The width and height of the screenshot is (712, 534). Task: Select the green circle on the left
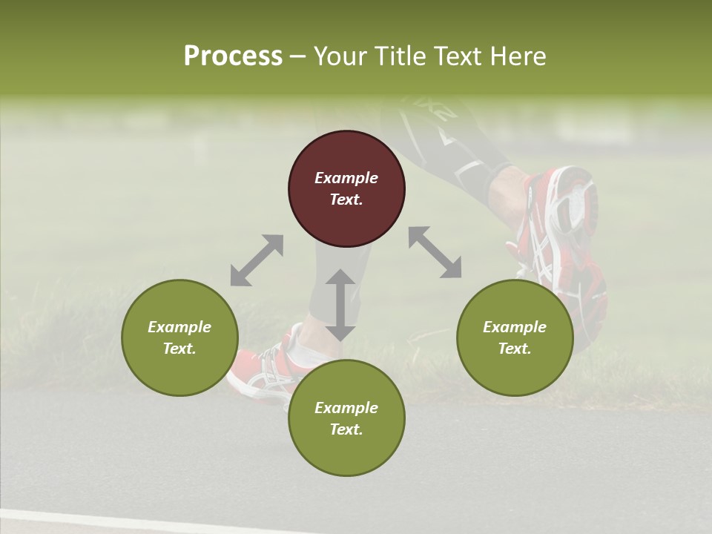tap(179, 337)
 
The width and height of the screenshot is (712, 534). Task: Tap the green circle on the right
tap(515, 337)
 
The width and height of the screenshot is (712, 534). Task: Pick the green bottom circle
tap(346, 418)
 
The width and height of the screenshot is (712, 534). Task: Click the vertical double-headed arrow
tap(340, 305)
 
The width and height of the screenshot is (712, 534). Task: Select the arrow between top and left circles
tap(257, 260)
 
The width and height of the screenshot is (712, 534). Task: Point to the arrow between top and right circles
tap(435, 252)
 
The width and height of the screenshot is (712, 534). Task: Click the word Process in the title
tap(233, 56)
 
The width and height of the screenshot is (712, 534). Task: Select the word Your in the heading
tap(338, 56)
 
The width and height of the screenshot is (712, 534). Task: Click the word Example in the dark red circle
tap(346, 178)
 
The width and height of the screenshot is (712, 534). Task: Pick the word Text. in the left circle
tap(179, 349)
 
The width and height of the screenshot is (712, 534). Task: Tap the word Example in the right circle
tap(515, 327)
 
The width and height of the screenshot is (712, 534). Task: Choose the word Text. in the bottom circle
tap(346, 429)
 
